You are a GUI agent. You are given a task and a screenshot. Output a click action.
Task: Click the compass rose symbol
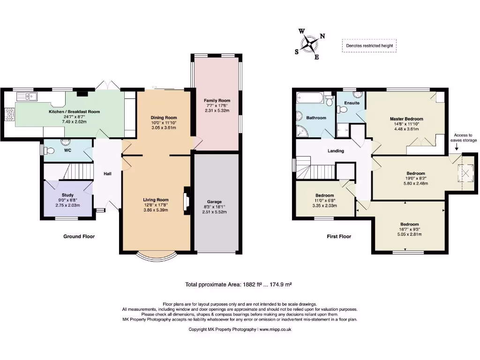(x=310, y=44)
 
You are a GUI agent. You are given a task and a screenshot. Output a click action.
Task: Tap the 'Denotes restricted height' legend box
(x=369, y=45)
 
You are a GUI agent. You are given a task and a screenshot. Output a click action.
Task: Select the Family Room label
(x=217, y=100)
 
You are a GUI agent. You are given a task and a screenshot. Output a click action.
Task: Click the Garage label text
(x=214, y=202)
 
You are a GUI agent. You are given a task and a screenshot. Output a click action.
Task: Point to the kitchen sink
(x=27, y=97)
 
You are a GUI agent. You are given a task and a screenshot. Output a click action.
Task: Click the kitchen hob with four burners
(x=10, y=114)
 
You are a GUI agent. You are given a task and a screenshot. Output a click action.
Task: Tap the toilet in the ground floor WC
(x=49, y=150)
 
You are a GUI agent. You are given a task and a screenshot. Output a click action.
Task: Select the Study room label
(x=67, y=195)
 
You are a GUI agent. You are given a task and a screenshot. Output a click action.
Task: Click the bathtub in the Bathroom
(x=311, y=97)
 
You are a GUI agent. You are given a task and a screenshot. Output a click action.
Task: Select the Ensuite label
(x=352, y=103)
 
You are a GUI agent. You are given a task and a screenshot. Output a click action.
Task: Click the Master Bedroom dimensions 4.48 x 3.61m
(x=406, y=129)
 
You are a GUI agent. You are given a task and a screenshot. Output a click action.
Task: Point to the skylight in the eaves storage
(x=465, y=173)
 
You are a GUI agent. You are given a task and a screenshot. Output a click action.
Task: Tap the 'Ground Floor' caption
(x=79, y=236)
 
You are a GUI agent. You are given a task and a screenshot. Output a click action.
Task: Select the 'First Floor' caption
(x=339, y=236)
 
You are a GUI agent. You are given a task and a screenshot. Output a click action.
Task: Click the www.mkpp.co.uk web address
(x=275, y=330)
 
